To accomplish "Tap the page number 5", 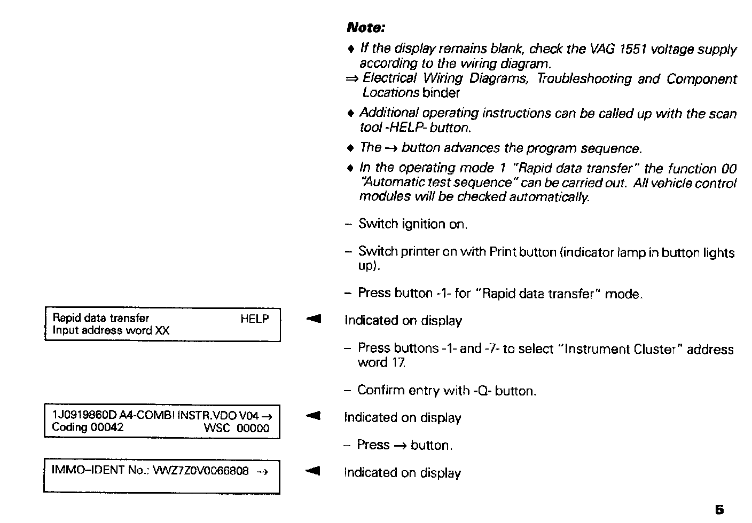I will click(719, 510).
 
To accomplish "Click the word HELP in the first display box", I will click(254, 319).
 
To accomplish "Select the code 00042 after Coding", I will click(107, 427).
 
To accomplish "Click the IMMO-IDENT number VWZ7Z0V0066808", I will click(201, 471).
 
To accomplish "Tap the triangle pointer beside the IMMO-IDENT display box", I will click(313, 471).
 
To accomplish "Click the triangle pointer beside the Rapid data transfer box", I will click(313, 319).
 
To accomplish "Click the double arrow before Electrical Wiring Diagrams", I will click(352, 79).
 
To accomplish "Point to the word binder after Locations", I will click(441, 93).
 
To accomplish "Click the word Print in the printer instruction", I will click(501, 252).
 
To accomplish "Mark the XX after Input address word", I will click(162, 331).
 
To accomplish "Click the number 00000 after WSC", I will click(253, 428).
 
